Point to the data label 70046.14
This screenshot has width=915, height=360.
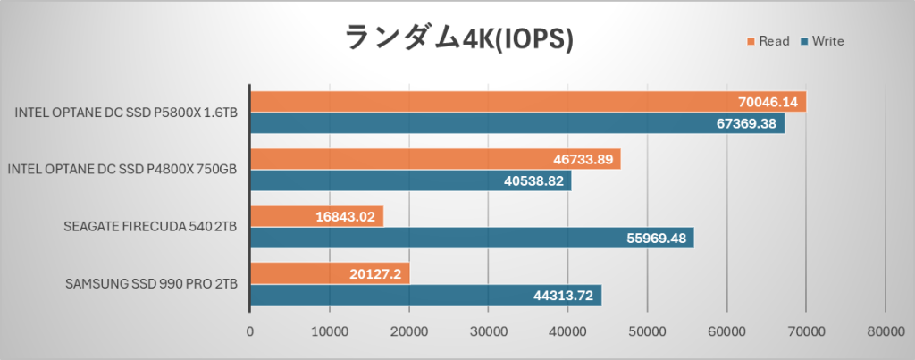click(x=767, y=102)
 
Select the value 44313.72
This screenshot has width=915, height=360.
click(x=562, y=296)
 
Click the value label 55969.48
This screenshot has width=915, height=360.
click(x=654, y=239)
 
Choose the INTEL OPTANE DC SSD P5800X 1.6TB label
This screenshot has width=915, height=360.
click(x=126, y=113)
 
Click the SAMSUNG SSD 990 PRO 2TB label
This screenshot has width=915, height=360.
click(x=151, y=285)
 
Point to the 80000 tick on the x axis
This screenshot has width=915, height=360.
click(x=885, y=331)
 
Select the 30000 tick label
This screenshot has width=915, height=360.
click(x=488, y=331)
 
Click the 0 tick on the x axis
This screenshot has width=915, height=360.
click(x=250, y=331)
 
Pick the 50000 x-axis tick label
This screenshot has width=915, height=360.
click(x=647, y=331)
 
